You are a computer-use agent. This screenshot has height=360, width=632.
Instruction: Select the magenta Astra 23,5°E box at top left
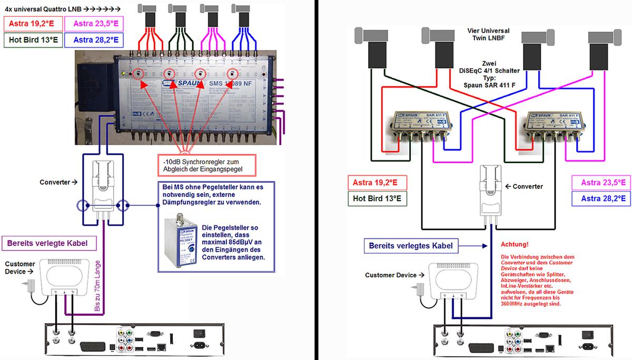[x=92, y=23]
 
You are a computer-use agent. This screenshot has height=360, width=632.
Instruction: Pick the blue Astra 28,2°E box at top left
[x=92, y=39]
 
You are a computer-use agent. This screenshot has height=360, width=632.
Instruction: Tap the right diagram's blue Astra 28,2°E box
[x=600, y=198]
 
